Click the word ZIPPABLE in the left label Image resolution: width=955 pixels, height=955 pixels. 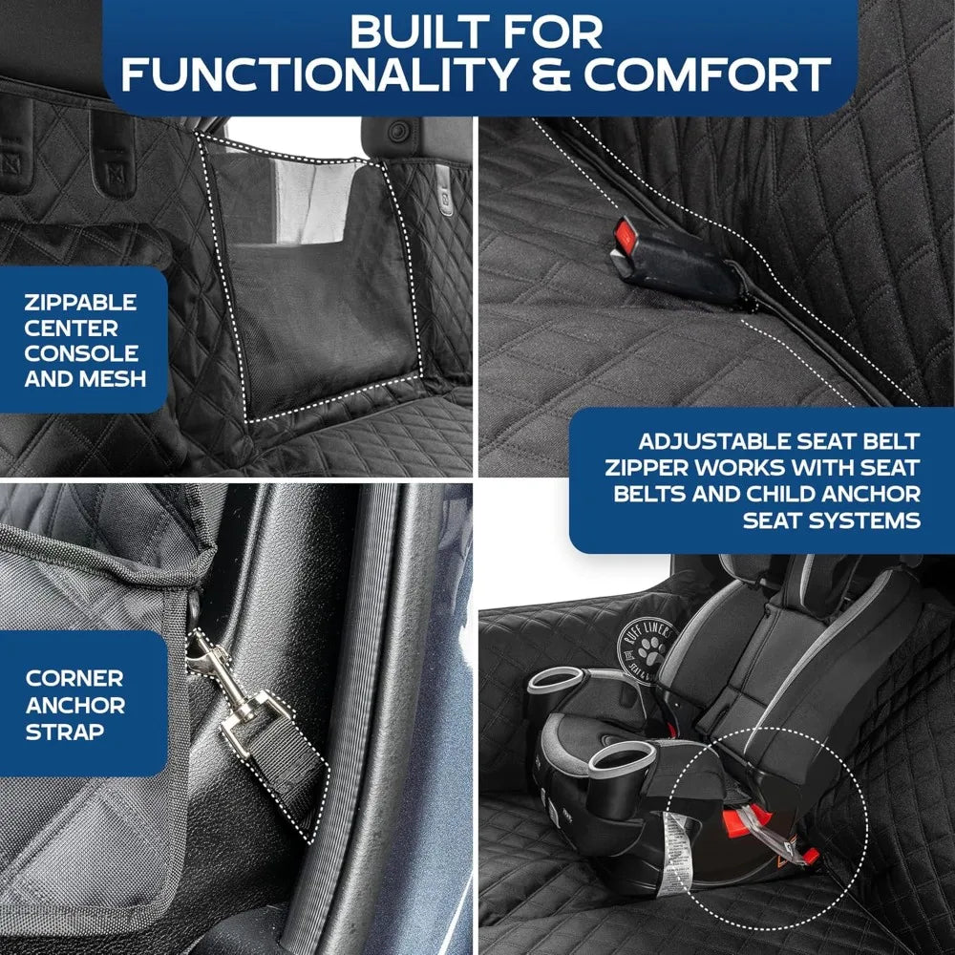coord(82,303)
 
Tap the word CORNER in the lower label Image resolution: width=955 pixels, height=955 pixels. coord(74,678)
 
